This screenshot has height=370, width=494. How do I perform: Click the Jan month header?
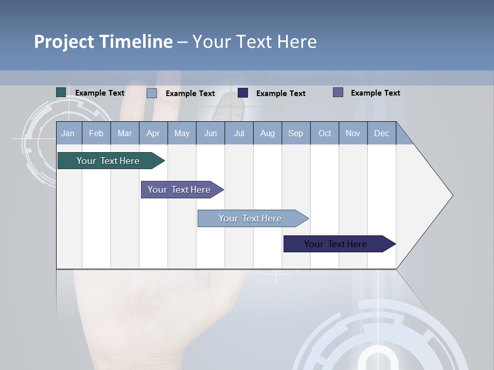coord(68,133)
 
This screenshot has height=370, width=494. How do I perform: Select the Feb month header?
coord(96,133)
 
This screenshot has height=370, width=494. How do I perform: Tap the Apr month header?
coord(153,133)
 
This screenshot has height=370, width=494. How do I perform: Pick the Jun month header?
coord(210,133)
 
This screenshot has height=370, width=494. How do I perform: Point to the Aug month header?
coord(268,133)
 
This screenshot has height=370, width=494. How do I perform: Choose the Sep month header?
coord(295,133)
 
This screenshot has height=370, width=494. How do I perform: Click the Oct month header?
coord(325,133)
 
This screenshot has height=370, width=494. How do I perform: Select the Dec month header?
coord(381,133)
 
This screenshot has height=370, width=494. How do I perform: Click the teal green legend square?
coord(61,92)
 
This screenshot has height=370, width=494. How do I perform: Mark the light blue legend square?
coord(152,93)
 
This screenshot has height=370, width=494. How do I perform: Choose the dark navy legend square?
coord(243,93)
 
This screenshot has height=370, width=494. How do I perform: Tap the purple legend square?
coord(338,92)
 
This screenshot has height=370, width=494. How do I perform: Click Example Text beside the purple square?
coord(375,93)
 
